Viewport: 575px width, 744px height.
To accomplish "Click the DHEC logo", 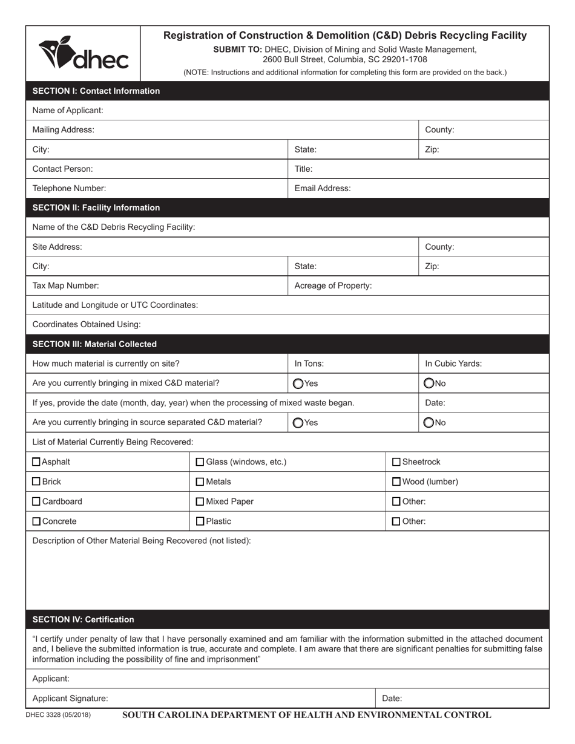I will [x=84, y=53].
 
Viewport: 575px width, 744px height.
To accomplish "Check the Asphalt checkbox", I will [x=36, y=462].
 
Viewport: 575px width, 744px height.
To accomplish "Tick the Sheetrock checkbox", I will [x=396, y=462].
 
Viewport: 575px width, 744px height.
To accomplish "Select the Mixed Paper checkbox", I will [x=200, y=501].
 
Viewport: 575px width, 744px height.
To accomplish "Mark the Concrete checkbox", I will [x=36, y=521].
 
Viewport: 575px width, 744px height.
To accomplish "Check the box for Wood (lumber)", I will [x=396, y=482].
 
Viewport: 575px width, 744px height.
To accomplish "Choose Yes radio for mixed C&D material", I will [x=298, y=383].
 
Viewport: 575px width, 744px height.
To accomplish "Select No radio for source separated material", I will [x=429, y=423].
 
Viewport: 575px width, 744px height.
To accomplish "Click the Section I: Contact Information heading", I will [x=96, y=91].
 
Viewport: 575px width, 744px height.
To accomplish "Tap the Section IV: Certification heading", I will [x=83, y=619].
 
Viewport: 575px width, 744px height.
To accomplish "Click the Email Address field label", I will [x=322, y=188].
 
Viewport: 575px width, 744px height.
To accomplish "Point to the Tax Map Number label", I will [x=65, y=286].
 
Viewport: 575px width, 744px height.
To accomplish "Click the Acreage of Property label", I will [x=333, y=286].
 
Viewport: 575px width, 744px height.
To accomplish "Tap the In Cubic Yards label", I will [x=453, y=364].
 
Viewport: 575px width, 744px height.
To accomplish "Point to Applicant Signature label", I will [x=70, y=698].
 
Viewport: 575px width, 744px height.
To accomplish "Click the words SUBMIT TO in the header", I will [x=237, y=50].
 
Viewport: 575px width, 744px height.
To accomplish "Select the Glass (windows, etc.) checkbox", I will [x=200, y=462].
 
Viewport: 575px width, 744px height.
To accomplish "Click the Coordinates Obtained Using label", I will [x=86, y=324].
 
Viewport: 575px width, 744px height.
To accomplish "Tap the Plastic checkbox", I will [x=200, y=521].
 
